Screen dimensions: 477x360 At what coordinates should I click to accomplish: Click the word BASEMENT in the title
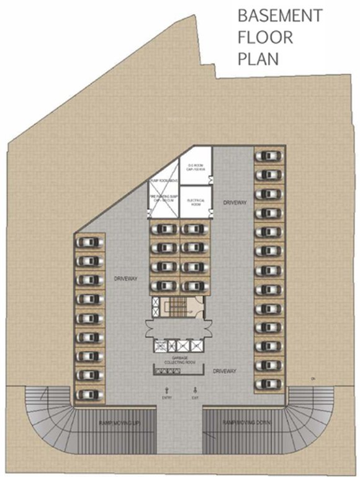pyautogui.click(x=281, y=16)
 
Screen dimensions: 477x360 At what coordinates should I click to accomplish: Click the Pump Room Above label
pyautogui.click(x=163, y=181)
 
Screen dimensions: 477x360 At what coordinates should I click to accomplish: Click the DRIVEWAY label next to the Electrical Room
pyautogui.click(x=235, y=202)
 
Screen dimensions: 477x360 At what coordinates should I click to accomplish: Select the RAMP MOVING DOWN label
pyautogui.click(x=244, y=422)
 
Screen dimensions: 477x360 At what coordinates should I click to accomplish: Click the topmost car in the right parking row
pyautogui.click(x=268, y=156)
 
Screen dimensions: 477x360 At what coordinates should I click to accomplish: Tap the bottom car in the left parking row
pyautogui.click(x=89, y=393)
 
